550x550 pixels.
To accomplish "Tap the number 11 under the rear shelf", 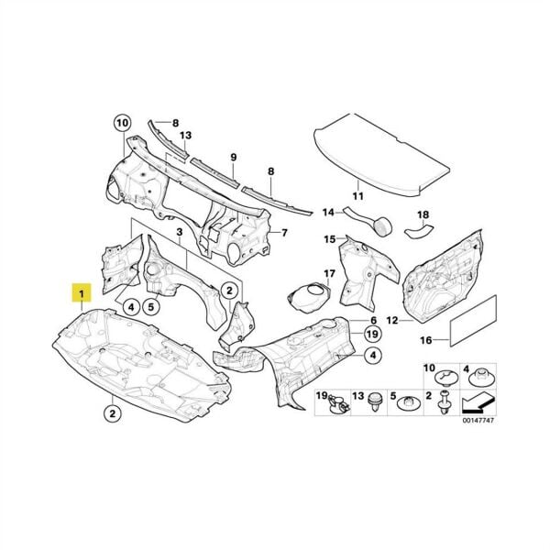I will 358,196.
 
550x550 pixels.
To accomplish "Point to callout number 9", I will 234,158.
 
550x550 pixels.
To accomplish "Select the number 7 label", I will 285,233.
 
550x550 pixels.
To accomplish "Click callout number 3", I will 181,236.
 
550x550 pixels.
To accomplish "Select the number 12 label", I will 391,321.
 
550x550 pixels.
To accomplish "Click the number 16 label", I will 425,340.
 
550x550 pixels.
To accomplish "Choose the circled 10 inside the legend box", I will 428,369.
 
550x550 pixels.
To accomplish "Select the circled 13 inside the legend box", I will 358,394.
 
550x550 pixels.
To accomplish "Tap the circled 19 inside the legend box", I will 322,394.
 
